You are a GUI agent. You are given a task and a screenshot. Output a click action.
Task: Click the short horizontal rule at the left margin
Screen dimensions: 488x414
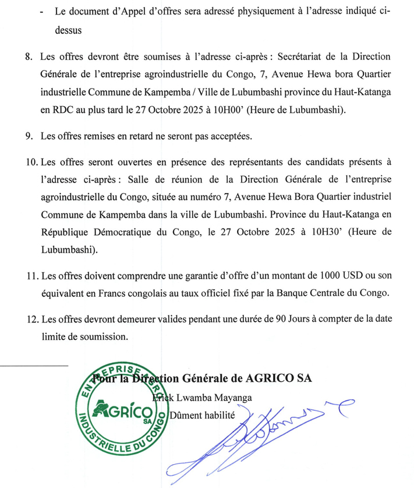coord(34,366)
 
